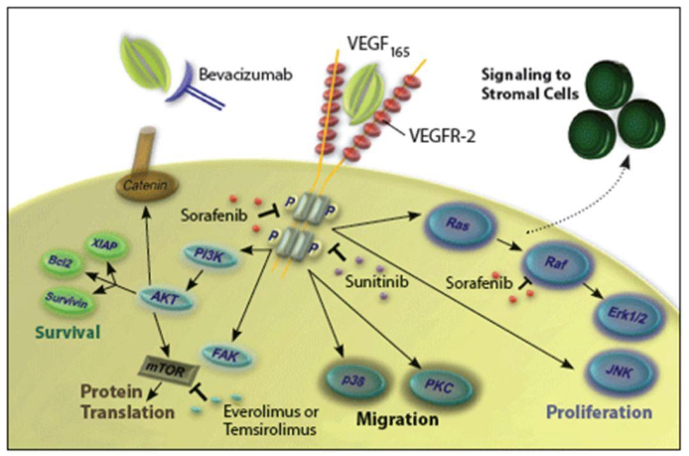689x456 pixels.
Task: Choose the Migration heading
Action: point(397,420)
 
